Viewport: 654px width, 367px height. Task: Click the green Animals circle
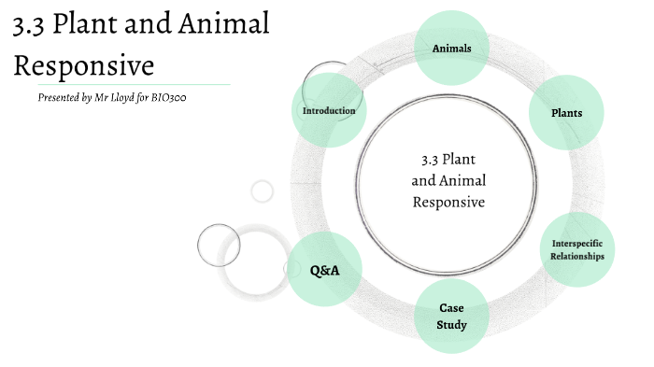[x=451, y=49]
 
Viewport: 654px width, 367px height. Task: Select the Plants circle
[x=567, y=113]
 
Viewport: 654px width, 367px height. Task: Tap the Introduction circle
[x=329, y=111]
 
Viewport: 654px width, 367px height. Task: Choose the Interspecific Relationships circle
[x=576, y=250]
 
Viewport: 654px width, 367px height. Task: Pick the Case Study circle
[x=452, y=316]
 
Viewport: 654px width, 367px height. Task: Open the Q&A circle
[x=324, y=270]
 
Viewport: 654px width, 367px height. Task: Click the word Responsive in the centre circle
[x=448, y=201]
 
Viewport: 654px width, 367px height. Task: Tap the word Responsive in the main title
[x=82, y=67]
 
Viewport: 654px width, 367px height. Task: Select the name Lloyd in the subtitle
[x=130, y=97]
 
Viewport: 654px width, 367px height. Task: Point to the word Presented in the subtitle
[x=64, y=97]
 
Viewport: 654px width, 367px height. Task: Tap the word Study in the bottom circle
[x=452, y=325]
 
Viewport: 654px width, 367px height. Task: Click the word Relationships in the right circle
[x=576, y=256]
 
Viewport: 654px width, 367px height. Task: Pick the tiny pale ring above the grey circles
[x=263, y=191]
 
